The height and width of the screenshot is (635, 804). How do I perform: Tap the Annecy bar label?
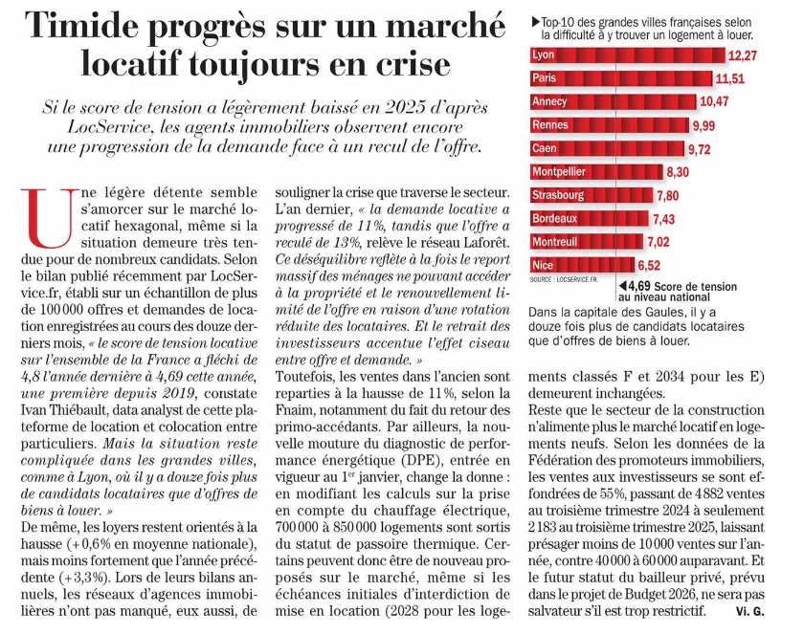coord(551,101)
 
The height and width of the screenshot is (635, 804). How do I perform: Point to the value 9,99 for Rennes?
coord(703,125)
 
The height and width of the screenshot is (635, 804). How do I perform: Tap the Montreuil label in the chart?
coord(560,242)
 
